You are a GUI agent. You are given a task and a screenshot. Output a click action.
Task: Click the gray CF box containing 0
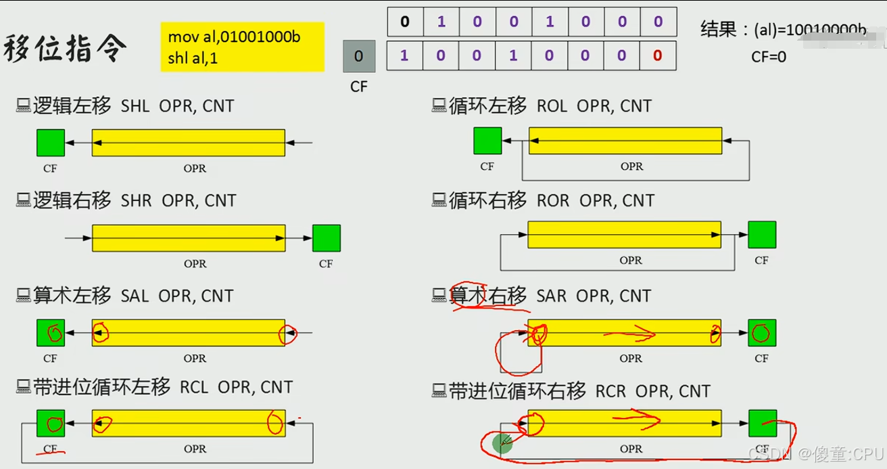[358, 56]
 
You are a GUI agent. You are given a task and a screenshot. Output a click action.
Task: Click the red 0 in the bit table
[658, 56]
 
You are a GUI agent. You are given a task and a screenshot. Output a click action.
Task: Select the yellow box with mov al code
[242, 47]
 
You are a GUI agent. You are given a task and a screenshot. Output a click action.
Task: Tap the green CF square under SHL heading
[51, 143]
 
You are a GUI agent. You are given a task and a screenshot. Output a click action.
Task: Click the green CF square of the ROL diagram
[487, 141]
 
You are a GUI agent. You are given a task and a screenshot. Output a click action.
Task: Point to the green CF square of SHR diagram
[327, 238]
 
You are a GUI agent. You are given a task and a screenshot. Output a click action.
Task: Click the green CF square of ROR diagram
[762, 235]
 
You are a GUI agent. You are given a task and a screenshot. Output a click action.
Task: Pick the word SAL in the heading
[135, 296]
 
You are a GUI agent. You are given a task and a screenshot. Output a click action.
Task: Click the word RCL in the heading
[194, 387]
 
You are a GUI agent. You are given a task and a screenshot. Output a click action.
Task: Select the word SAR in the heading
[552, 296]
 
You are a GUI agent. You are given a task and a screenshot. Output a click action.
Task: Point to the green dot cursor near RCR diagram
[502, 443]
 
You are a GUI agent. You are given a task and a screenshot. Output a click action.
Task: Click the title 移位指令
[65, 49]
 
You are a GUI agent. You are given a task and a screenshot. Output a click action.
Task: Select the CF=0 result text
[769, 57]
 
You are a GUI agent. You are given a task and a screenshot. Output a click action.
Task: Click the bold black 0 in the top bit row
[405, 22]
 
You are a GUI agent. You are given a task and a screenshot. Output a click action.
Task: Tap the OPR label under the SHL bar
[195, 169]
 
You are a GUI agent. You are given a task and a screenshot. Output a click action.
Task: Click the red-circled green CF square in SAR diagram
[761, 333]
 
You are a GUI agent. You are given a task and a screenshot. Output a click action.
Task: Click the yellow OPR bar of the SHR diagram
[189, 238]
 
